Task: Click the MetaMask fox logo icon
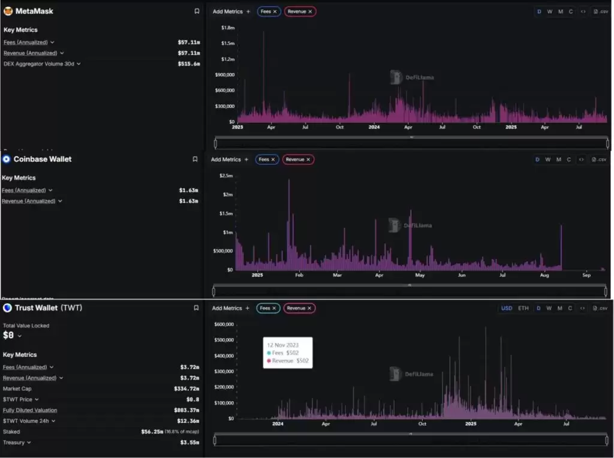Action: [x=8, y=11]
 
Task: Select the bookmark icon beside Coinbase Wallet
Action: [x=195, y=159]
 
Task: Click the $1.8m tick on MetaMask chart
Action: [x=227, y=28]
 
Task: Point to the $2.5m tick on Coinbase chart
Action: [x=226, y=176]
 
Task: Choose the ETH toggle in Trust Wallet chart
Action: [x=523, y=308]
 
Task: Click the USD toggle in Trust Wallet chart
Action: [x=507, y=308]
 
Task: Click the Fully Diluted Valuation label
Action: [x=30, y=410]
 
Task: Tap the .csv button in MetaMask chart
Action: [x=600, y=11]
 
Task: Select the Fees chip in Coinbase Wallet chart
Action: [x=264, y=159]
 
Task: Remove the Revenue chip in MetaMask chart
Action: [x=310, y=11]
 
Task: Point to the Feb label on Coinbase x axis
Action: [x=299, y=275]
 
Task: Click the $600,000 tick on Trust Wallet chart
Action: [x=223, y=324]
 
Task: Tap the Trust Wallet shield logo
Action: [x=7, y=308]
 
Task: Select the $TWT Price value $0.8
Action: [x=192, y=399]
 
